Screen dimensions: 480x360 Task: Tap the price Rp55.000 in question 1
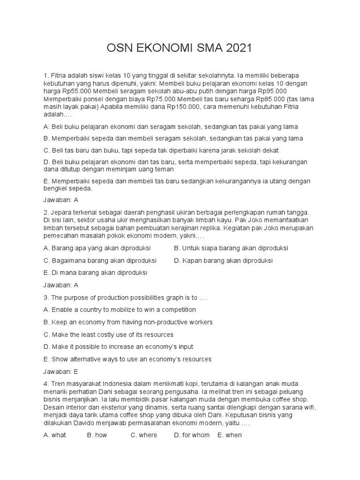pyautogui.click(x=69, y=91)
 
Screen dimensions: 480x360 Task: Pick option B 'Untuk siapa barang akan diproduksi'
pyautogui.click(x=231, y=248)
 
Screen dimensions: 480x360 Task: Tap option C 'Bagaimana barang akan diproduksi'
pyautogui.click(x=99, y=260)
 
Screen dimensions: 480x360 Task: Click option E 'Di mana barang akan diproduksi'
pyautogui.click(x=95, y=272)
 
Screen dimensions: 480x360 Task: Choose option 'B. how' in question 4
pyautogui.click(x=97, y=435)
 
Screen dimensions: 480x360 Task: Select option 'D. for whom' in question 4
pyautogui.click(x=192, y=435)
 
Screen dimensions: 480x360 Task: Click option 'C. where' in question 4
pyautogui.click(x=144, y=435)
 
